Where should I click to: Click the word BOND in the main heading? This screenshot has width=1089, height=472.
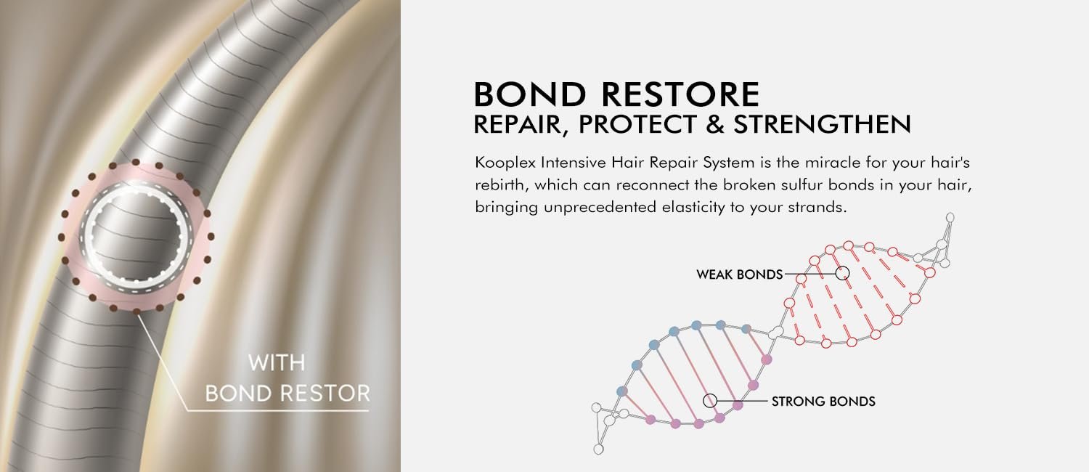(530, 94)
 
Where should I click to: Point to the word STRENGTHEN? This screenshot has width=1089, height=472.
(822, 124)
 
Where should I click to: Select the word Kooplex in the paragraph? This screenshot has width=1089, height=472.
(505, 163)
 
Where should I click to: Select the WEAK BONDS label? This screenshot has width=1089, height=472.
(740, 274)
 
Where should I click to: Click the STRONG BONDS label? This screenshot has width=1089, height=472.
(823, 402)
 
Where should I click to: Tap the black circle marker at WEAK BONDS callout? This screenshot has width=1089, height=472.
(842, 273)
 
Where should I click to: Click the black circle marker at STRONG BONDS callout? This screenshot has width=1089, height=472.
(710, 401)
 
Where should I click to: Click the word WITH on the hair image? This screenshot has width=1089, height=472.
(277, 363)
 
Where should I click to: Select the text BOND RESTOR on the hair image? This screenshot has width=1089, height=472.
(287, 394)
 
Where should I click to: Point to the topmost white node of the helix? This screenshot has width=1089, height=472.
(950, 217)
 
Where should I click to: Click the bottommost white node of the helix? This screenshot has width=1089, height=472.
(599, 449)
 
